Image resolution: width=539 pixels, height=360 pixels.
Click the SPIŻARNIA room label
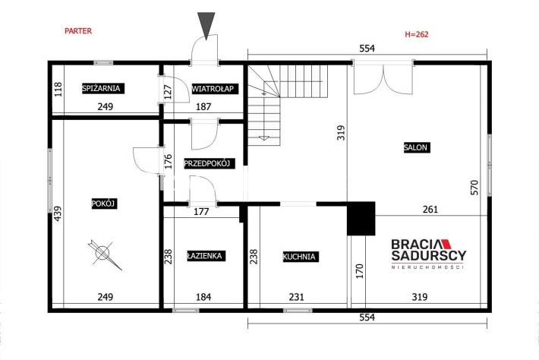coord(102,88)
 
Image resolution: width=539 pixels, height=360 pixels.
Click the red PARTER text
coord(78,31)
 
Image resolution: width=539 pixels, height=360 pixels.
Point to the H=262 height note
coord(417,34)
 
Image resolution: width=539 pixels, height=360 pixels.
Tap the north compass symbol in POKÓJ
coord(104,254)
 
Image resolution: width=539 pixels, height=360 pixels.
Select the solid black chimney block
coord(361,218)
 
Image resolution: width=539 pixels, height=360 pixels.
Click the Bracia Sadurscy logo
coord(429,254)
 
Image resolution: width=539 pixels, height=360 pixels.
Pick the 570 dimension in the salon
coord(474,188)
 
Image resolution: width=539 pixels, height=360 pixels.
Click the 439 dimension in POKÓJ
coord(58,213)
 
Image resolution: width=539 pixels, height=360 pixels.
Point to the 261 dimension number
coord(430,209)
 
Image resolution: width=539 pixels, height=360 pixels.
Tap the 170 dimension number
coord(360,271)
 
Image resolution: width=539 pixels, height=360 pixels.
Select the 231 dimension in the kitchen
coord(296,297)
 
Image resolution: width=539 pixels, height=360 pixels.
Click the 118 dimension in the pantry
coord(58,89)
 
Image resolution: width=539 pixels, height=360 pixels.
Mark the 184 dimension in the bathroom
coord(203,297)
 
